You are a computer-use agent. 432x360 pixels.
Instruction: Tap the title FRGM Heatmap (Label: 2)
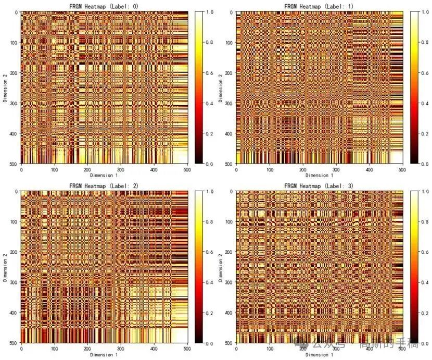click(105, 186)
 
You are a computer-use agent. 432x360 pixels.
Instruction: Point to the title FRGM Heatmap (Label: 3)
click(320, 186)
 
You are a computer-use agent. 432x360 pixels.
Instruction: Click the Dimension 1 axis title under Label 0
click(105, 176)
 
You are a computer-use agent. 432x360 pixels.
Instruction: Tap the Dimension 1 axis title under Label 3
click(320, 355)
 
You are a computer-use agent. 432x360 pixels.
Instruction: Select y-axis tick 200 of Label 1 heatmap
click(228, 73)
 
